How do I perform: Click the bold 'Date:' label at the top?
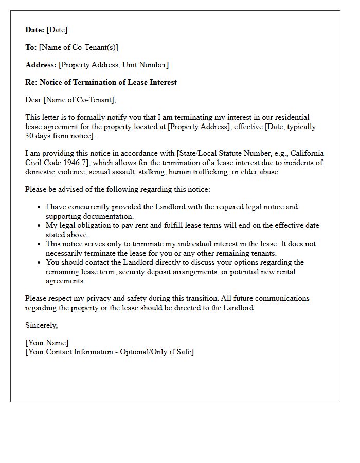tap(34, 30)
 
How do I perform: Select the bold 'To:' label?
tap(31, 47)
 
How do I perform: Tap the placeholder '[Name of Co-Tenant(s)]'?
tap(79, 47)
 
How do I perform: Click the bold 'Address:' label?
tap(41, 65)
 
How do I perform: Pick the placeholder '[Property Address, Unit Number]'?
tap(114, 65)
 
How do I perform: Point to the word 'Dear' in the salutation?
tap(33, 100)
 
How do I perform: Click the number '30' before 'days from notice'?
tap(29, 136)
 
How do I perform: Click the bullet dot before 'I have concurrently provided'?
tap(39, 207)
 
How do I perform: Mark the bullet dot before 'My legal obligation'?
tap(39, 226)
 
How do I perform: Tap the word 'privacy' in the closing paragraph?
tap(88, 298)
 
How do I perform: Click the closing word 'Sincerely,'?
tap(42, 325)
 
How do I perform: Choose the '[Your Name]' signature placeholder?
tap(47, 343)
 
